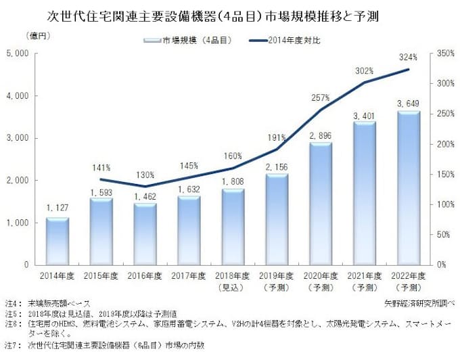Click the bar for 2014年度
click(57, 241)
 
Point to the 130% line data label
click(145, 174)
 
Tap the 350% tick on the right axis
click(445, 53)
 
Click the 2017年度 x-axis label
click(189, 276)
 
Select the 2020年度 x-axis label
click(321, 276)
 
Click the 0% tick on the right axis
click(440, 265)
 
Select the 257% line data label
click(321, 98)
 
